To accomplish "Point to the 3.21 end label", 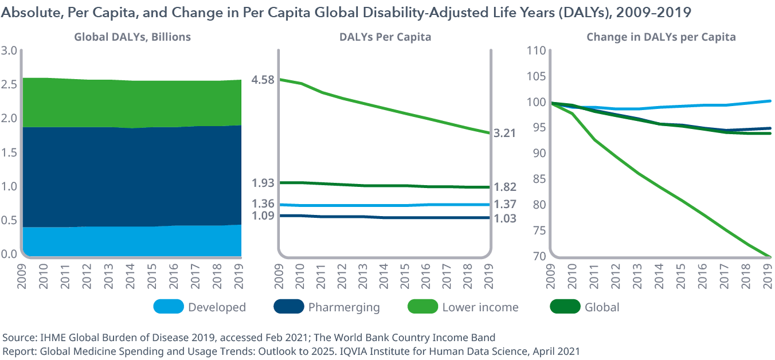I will coord(504,133).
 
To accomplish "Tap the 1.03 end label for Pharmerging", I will coord(504,218).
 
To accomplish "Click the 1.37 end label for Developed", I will coord(504,204).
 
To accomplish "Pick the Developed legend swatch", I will coord(169,307).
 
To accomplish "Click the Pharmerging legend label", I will coord(344,307).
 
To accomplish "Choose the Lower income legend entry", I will coord(480,307).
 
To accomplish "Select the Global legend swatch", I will coord(565,307).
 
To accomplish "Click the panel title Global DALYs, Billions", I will coord(132,37).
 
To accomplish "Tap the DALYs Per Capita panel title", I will coord(385,37).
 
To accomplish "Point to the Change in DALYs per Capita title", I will coord(661,37).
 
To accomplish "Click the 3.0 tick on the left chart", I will coord(9,50).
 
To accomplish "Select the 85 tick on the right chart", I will coord(539,179).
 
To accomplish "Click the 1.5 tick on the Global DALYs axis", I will coord(9,152).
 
